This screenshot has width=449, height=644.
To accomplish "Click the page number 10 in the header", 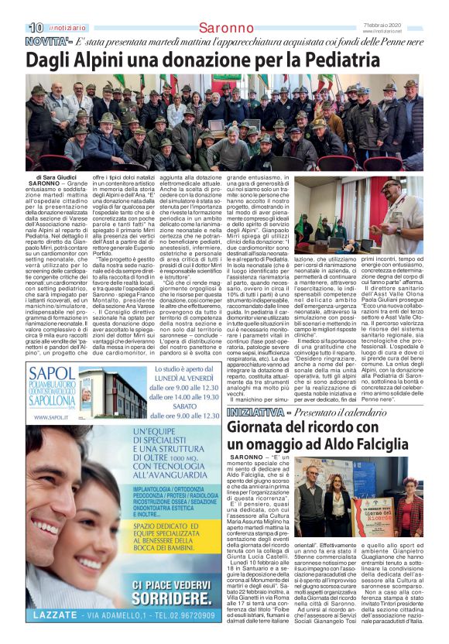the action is pyautogui.click(x=13, y=8).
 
